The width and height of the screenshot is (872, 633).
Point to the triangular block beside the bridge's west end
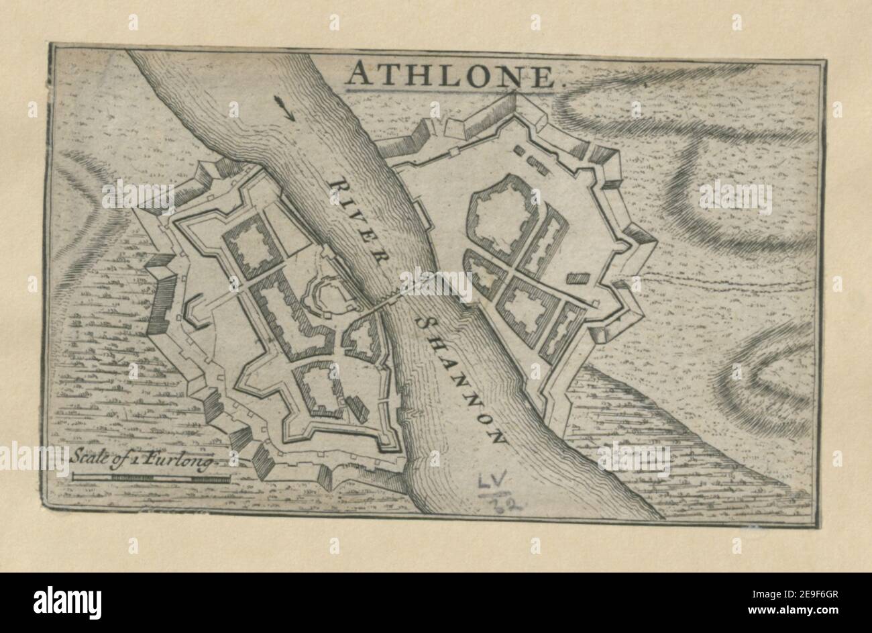(363, 338)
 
